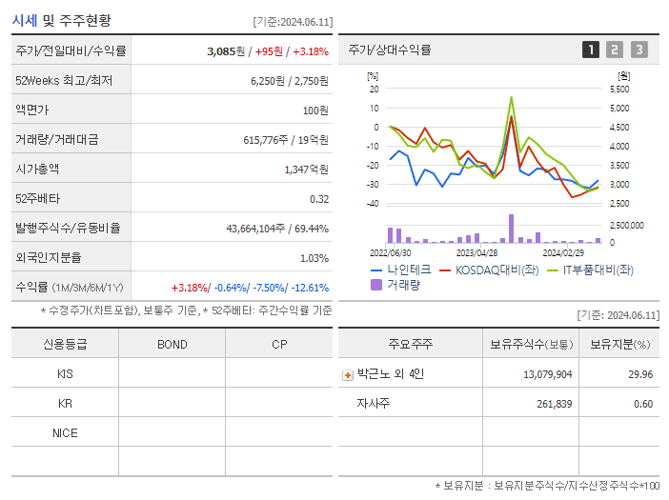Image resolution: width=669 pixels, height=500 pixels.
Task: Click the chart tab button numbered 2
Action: (x=615, y=50)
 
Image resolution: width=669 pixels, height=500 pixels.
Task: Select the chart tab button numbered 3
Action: (x=639, y=50)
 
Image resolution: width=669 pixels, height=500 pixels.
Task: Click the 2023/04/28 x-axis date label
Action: (x=477, y=253)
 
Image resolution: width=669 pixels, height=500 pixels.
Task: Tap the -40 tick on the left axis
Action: (x=373, y=204)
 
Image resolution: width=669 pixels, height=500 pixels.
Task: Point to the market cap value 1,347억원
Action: (x=306, y=169)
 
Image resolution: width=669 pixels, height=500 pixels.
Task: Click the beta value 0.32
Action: (x=319, y=198)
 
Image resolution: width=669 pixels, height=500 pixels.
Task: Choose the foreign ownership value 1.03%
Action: (x=314, y=257)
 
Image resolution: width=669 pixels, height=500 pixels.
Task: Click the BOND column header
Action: (x=172, y=345)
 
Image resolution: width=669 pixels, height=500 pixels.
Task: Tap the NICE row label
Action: (x=65, y=432)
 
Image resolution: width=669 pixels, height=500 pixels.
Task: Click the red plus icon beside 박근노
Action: (x=348, y=375)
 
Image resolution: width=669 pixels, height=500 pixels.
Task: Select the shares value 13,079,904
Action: (x=548, y=374)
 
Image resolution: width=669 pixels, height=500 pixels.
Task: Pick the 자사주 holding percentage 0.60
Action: (x=642, y=404)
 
